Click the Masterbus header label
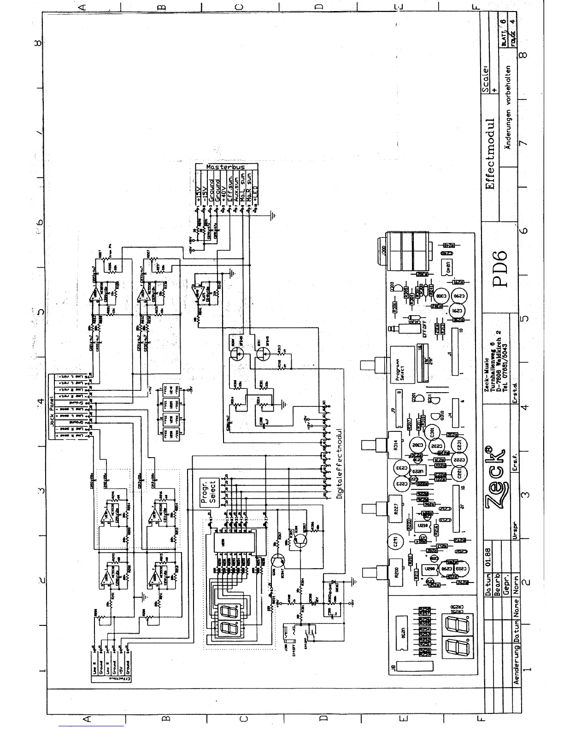[226, 167]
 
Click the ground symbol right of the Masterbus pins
[273, 215]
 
